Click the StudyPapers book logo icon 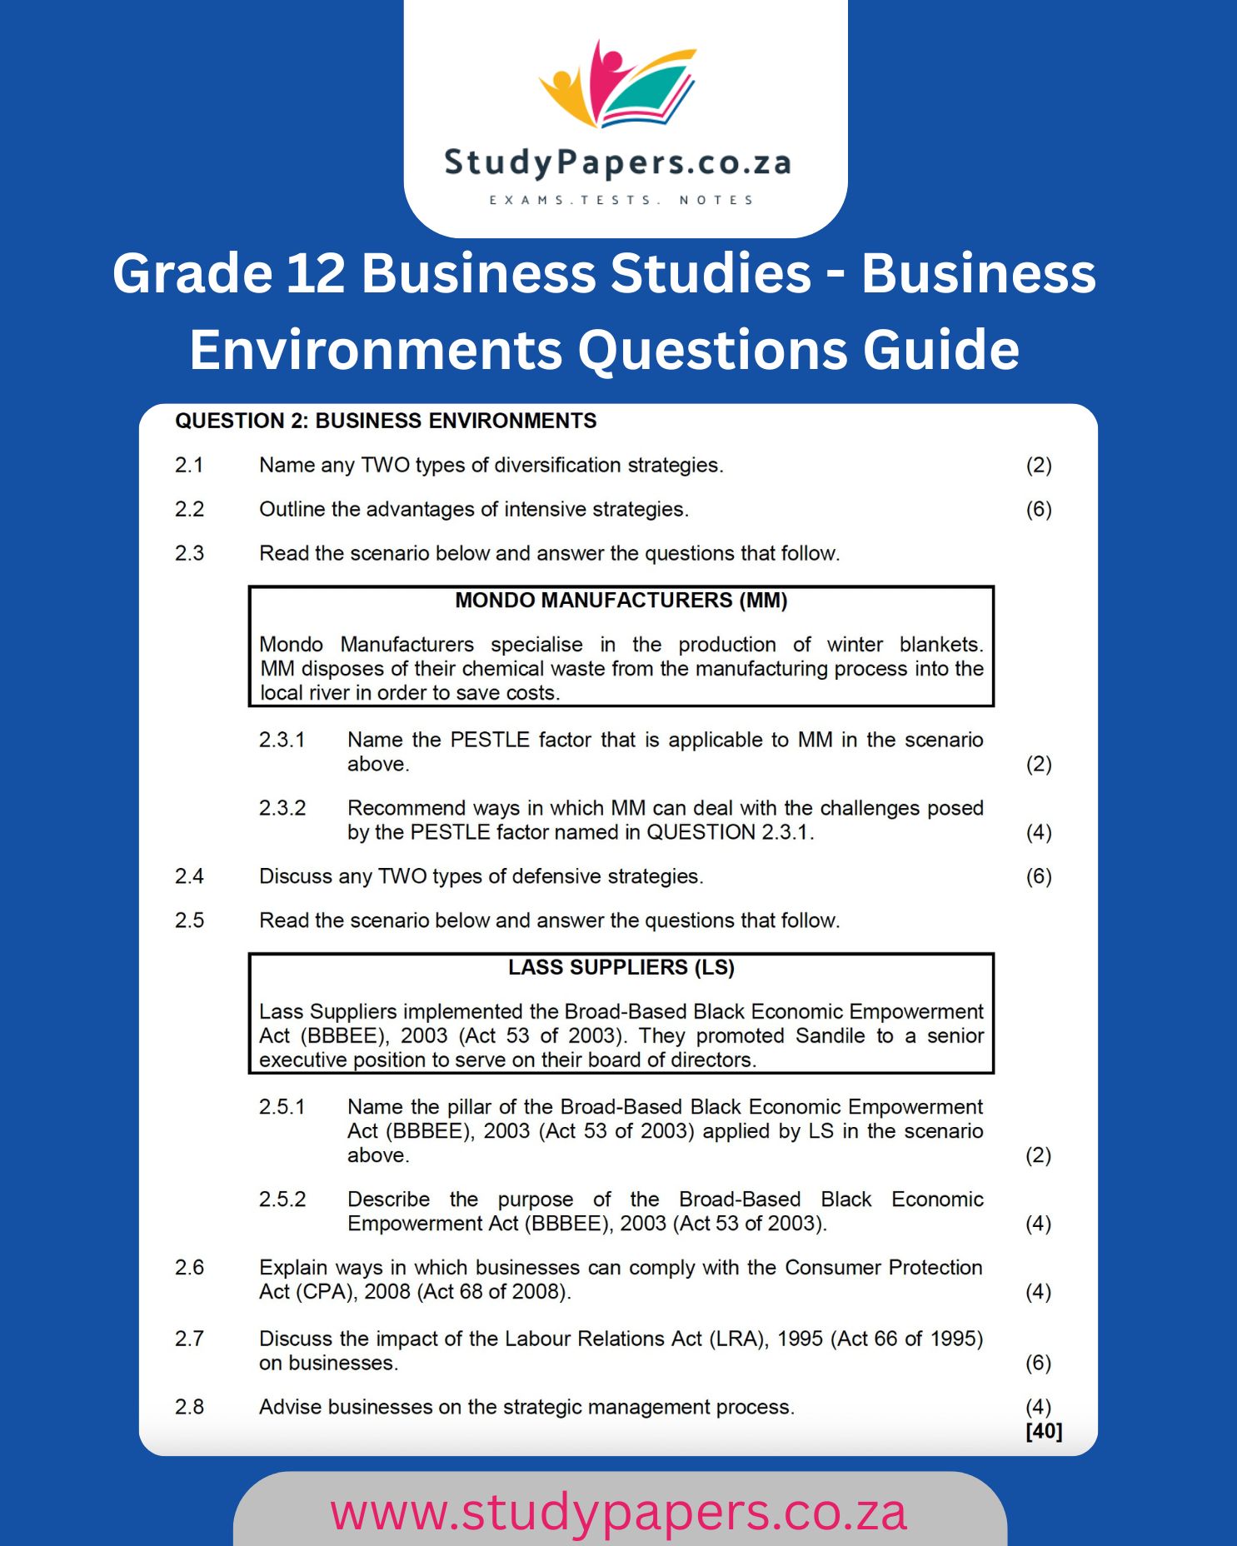coord(617,84)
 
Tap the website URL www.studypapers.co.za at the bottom coord(618,1513)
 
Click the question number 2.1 coord(189,465)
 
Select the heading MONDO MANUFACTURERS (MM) coord(621,601)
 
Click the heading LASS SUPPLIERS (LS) coord(621,967)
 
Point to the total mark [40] coord(1044,1431)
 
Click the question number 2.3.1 coord(282,740)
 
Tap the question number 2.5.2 coord(282,1199)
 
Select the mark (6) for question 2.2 coord(1039,509)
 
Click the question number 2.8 coord(189,1407)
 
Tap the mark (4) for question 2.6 coord(1039,1292)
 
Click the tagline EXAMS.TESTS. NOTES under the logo coord(621,200)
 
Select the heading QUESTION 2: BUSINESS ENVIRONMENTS coord(386,421)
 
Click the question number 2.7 coord(189,1339)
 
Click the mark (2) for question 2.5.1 coord(1039,1155)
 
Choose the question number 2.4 coord(189,876)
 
